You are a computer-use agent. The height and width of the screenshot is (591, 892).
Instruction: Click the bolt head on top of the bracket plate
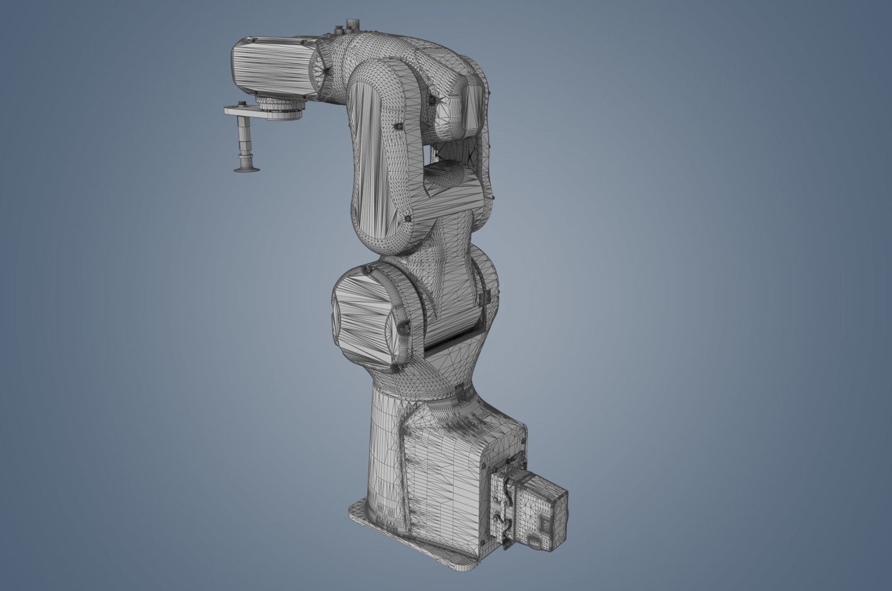click(x=241, y=104)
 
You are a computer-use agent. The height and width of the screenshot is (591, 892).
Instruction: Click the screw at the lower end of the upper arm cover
click(x=408, y=219)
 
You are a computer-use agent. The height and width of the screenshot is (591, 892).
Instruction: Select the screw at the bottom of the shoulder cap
click(x=397, y=369)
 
